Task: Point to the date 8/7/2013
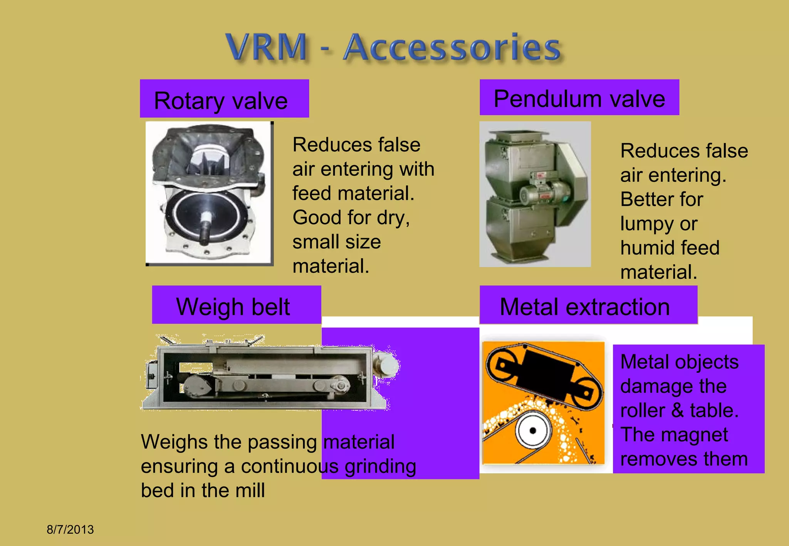pyautogui.click(x=70, y=529)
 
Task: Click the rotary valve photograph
pyautogui.click(x=209, y=193)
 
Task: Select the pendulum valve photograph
pyautogui.click(x=535, y=194)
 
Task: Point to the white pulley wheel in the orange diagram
pyautogui.click(x=533, y=430)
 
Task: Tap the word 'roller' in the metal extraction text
pyautogui.click(x=643, y=410)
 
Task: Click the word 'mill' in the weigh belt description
pyautogui.click(x=250, y=490)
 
